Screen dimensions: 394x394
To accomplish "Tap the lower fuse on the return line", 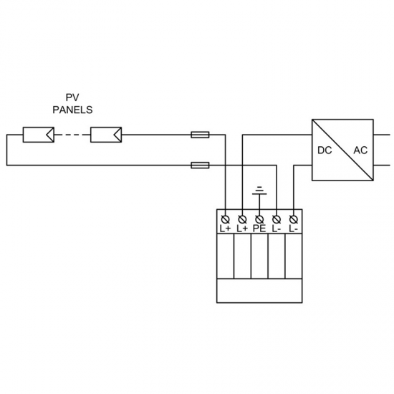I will [x=200, y=165].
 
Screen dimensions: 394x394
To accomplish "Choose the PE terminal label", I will [x=259, y=229].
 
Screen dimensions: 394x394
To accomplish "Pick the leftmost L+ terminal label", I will [x=225, y=229].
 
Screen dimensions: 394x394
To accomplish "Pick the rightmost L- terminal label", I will [x=293, y=229].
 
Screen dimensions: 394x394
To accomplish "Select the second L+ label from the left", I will [x=242, y=229].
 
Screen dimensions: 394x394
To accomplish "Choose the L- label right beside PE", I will [x=277, y=229].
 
